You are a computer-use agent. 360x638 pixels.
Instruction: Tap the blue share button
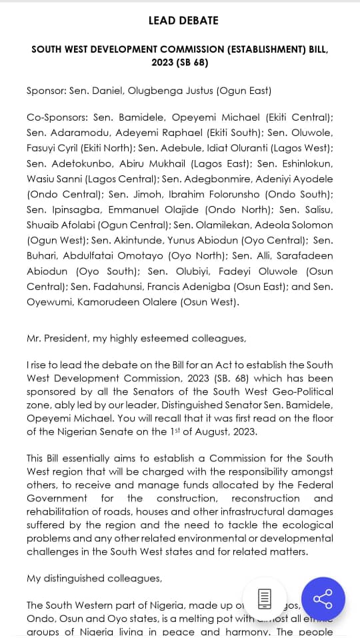[323, 599]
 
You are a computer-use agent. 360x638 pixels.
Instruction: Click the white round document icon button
[264, 599]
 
